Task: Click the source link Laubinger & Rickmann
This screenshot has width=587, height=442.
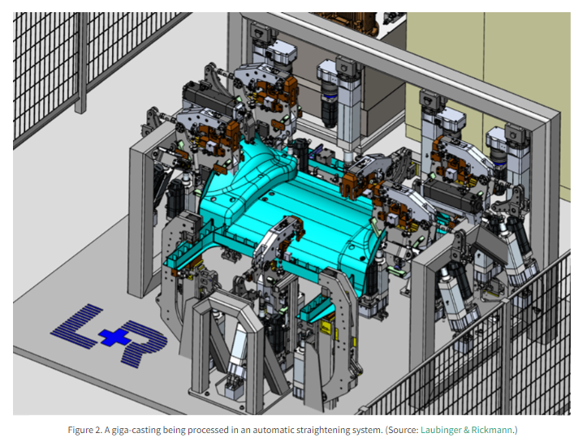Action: coord(466,430)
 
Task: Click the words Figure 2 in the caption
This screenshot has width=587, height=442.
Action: coord(84,430)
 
